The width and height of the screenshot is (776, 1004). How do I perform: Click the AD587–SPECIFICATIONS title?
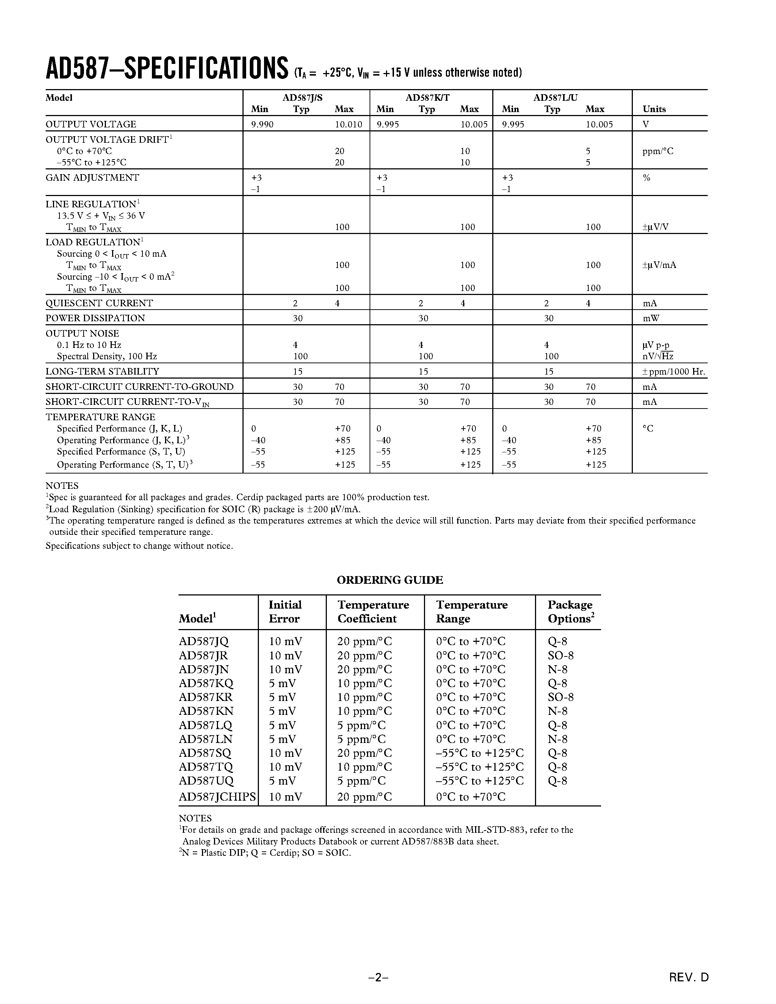coord(167,69)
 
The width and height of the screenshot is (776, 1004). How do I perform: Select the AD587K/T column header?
coord(427,97)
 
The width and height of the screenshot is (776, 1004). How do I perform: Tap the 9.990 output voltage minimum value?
coord(262,124)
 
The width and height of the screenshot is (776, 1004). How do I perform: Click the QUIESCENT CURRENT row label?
coord(99,303)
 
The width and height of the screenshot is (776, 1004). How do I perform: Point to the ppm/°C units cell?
coord(658,151)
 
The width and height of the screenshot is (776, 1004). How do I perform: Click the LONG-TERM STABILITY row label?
coord(102,371)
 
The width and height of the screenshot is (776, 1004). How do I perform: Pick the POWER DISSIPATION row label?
coord(95,318)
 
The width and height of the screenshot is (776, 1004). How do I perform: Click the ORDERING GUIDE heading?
coord(390,580)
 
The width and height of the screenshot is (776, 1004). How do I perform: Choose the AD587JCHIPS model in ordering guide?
coord(217,797)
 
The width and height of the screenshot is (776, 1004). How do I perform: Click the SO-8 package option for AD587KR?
coord(561,697)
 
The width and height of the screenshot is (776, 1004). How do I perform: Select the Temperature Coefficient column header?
coord(373,612)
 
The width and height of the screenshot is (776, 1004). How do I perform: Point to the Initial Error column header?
coord(285,612)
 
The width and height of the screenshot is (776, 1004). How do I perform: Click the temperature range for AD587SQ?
coord(479,753)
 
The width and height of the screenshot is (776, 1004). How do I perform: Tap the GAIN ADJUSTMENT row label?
coord(92,177)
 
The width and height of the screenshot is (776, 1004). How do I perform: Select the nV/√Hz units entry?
coord(657,356)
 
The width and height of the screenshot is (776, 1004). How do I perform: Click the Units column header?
coord(654,109)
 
